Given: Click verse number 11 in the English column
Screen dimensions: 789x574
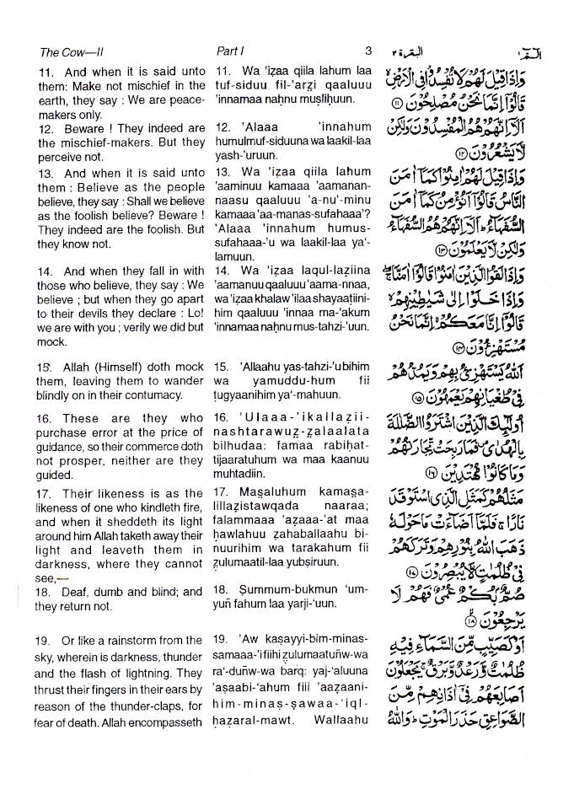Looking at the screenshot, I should [x=46, y=72].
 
